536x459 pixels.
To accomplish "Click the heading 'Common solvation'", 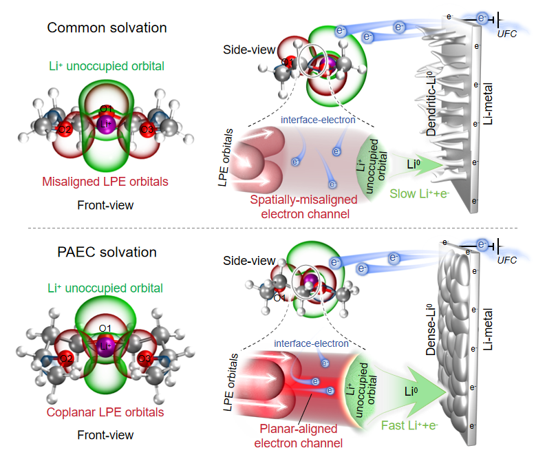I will click(107, 28).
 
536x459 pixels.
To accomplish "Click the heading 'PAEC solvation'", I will click(107, 252).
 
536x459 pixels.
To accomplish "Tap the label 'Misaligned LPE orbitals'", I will click(105, 182).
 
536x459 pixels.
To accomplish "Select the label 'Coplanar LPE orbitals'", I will click(105, 413).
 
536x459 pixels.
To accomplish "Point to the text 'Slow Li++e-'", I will click(419, 194).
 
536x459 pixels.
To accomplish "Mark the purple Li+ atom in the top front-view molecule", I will click(105, 125).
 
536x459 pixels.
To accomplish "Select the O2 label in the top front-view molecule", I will click(65, 129).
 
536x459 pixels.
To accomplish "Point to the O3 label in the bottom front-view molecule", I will click(144, 358).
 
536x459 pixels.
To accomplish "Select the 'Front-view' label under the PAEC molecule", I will click(105, 436).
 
